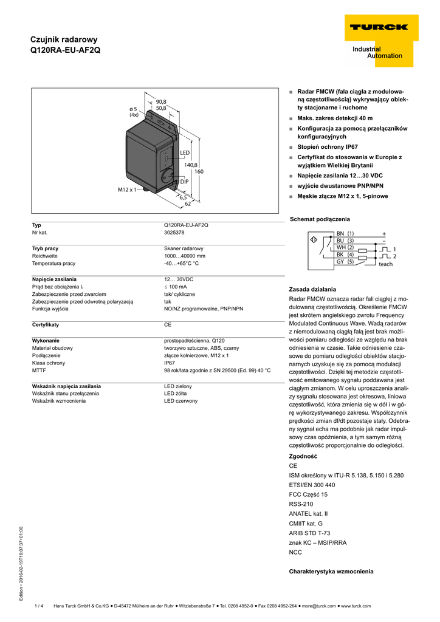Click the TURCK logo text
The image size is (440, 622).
coord(377,27)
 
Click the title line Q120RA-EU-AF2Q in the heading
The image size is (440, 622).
coord(66,50)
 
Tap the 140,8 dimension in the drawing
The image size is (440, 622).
coord(191,165)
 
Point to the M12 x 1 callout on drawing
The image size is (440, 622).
coord(128,190)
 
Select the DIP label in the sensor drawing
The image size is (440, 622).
coord(185,182)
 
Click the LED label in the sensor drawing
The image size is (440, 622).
coord(185,152)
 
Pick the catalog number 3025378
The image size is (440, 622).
coord(174,233)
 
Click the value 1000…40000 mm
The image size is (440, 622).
coord(185,256)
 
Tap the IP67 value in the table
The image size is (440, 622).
coord(170,363)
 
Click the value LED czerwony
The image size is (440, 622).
coord(180,401)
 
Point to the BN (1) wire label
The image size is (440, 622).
coord(345,233)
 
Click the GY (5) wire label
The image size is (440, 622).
coord(345,262)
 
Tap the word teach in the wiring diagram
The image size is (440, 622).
coord(385,264)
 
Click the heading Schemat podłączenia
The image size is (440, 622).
coord(320,219)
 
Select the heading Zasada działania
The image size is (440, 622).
coord(312,289)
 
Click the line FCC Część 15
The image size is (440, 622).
coord(308,494)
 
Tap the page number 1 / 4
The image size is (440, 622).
coord(40,606)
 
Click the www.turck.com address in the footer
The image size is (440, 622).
coord(352,606)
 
